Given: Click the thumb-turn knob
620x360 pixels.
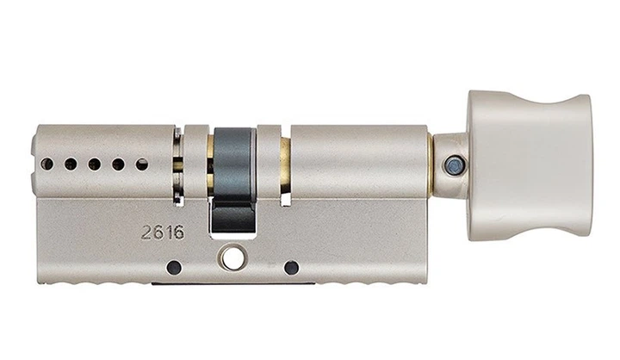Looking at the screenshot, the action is (x=530, y=165).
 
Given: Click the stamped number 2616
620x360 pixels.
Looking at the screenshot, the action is (x=163, y=233).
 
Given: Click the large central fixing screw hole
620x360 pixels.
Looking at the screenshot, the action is (x=232, y=258).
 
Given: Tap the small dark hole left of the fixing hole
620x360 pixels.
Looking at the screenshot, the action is (x=174, y=268).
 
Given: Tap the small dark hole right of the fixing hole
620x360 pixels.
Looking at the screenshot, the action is (x=291, y=268).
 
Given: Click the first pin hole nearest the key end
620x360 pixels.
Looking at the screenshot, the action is (x=46, y=164).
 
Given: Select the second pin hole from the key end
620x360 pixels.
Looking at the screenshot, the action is (x=71, y=164).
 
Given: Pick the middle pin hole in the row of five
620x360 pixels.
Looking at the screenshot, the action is (x=94, y=164).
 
